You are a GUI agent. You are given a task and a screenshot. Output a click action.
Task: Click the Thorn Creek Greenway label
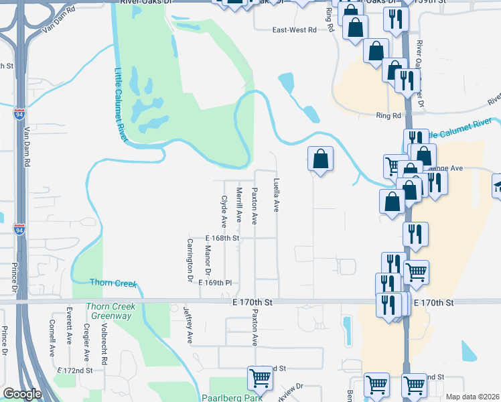(111, 311)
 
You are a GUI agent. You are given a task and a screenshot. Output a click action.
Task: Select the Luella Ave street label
(276, 195)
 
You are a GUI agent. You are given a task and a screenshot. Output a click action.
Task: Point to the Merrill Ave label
(239, 204)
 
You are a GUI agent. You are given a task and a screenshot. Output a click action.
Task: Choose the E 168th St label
(222, 238)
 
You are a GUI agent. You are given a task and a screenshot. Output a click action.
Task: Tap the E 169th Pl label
(215, 283)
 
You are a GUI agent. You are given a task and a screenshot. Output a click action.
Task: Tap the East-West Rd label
(293, 30)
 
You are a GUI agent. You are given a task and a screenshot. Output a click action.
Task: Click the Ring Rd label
(388, 116)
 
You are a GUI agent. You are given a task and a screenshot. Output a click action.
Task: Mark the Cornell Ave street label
(52, 340)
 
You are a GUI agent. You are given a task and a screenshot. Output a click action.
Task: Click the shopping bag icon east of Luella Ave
(321, 159)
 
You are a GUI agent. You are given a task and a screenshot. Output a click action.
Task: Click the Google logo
(21, 395)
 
